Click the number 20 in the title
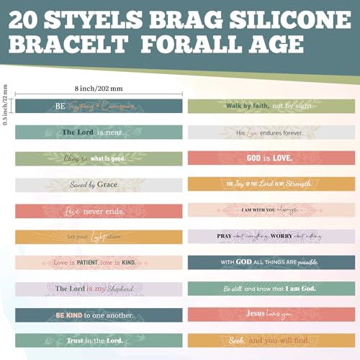28,16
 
